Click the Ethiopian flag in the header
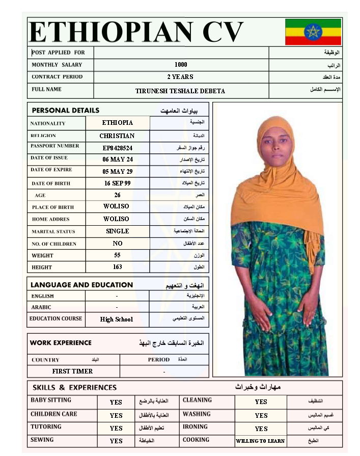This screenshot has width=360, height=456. coord(313,32)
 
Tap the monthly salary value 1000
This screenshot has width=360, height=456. coord(181,65)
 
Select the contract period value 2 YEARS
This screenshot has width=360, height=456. coord(180,77)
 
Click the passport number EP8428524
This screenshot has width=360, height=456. coord(118,148)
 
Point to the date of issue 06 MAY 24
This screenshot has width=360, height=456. coord(118,159)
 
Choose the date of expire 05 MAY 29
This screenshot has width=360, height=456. coord(118,172)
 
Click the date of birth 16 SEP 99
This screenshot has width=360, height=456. coord(118,183)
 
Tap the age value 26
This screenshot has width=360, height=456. coord(118,195)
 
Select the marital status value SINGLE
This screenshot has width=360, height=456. coord(118,231)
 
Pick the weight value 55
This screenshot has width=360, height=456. coord(118,255)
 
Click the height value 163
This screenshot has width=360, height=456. coord(118,267)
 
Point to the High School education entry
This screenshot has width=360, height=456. coord(117,319)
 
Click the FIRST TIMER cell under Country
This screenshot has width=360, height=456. coord(72,371)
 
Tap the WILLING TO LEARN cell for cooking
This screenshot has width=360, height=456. coord(260,441)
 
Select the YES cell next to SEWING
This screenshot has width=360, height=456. coord(116,441)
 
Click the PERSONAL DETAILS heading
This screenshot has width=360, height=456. coord(66,111)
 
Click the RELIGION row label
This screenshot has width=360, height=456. coord(43,136)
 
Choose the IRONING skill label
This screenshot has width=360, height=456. coord(195,427)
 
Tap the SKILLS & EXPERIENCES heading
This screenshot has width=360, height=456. coord(74,388)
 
